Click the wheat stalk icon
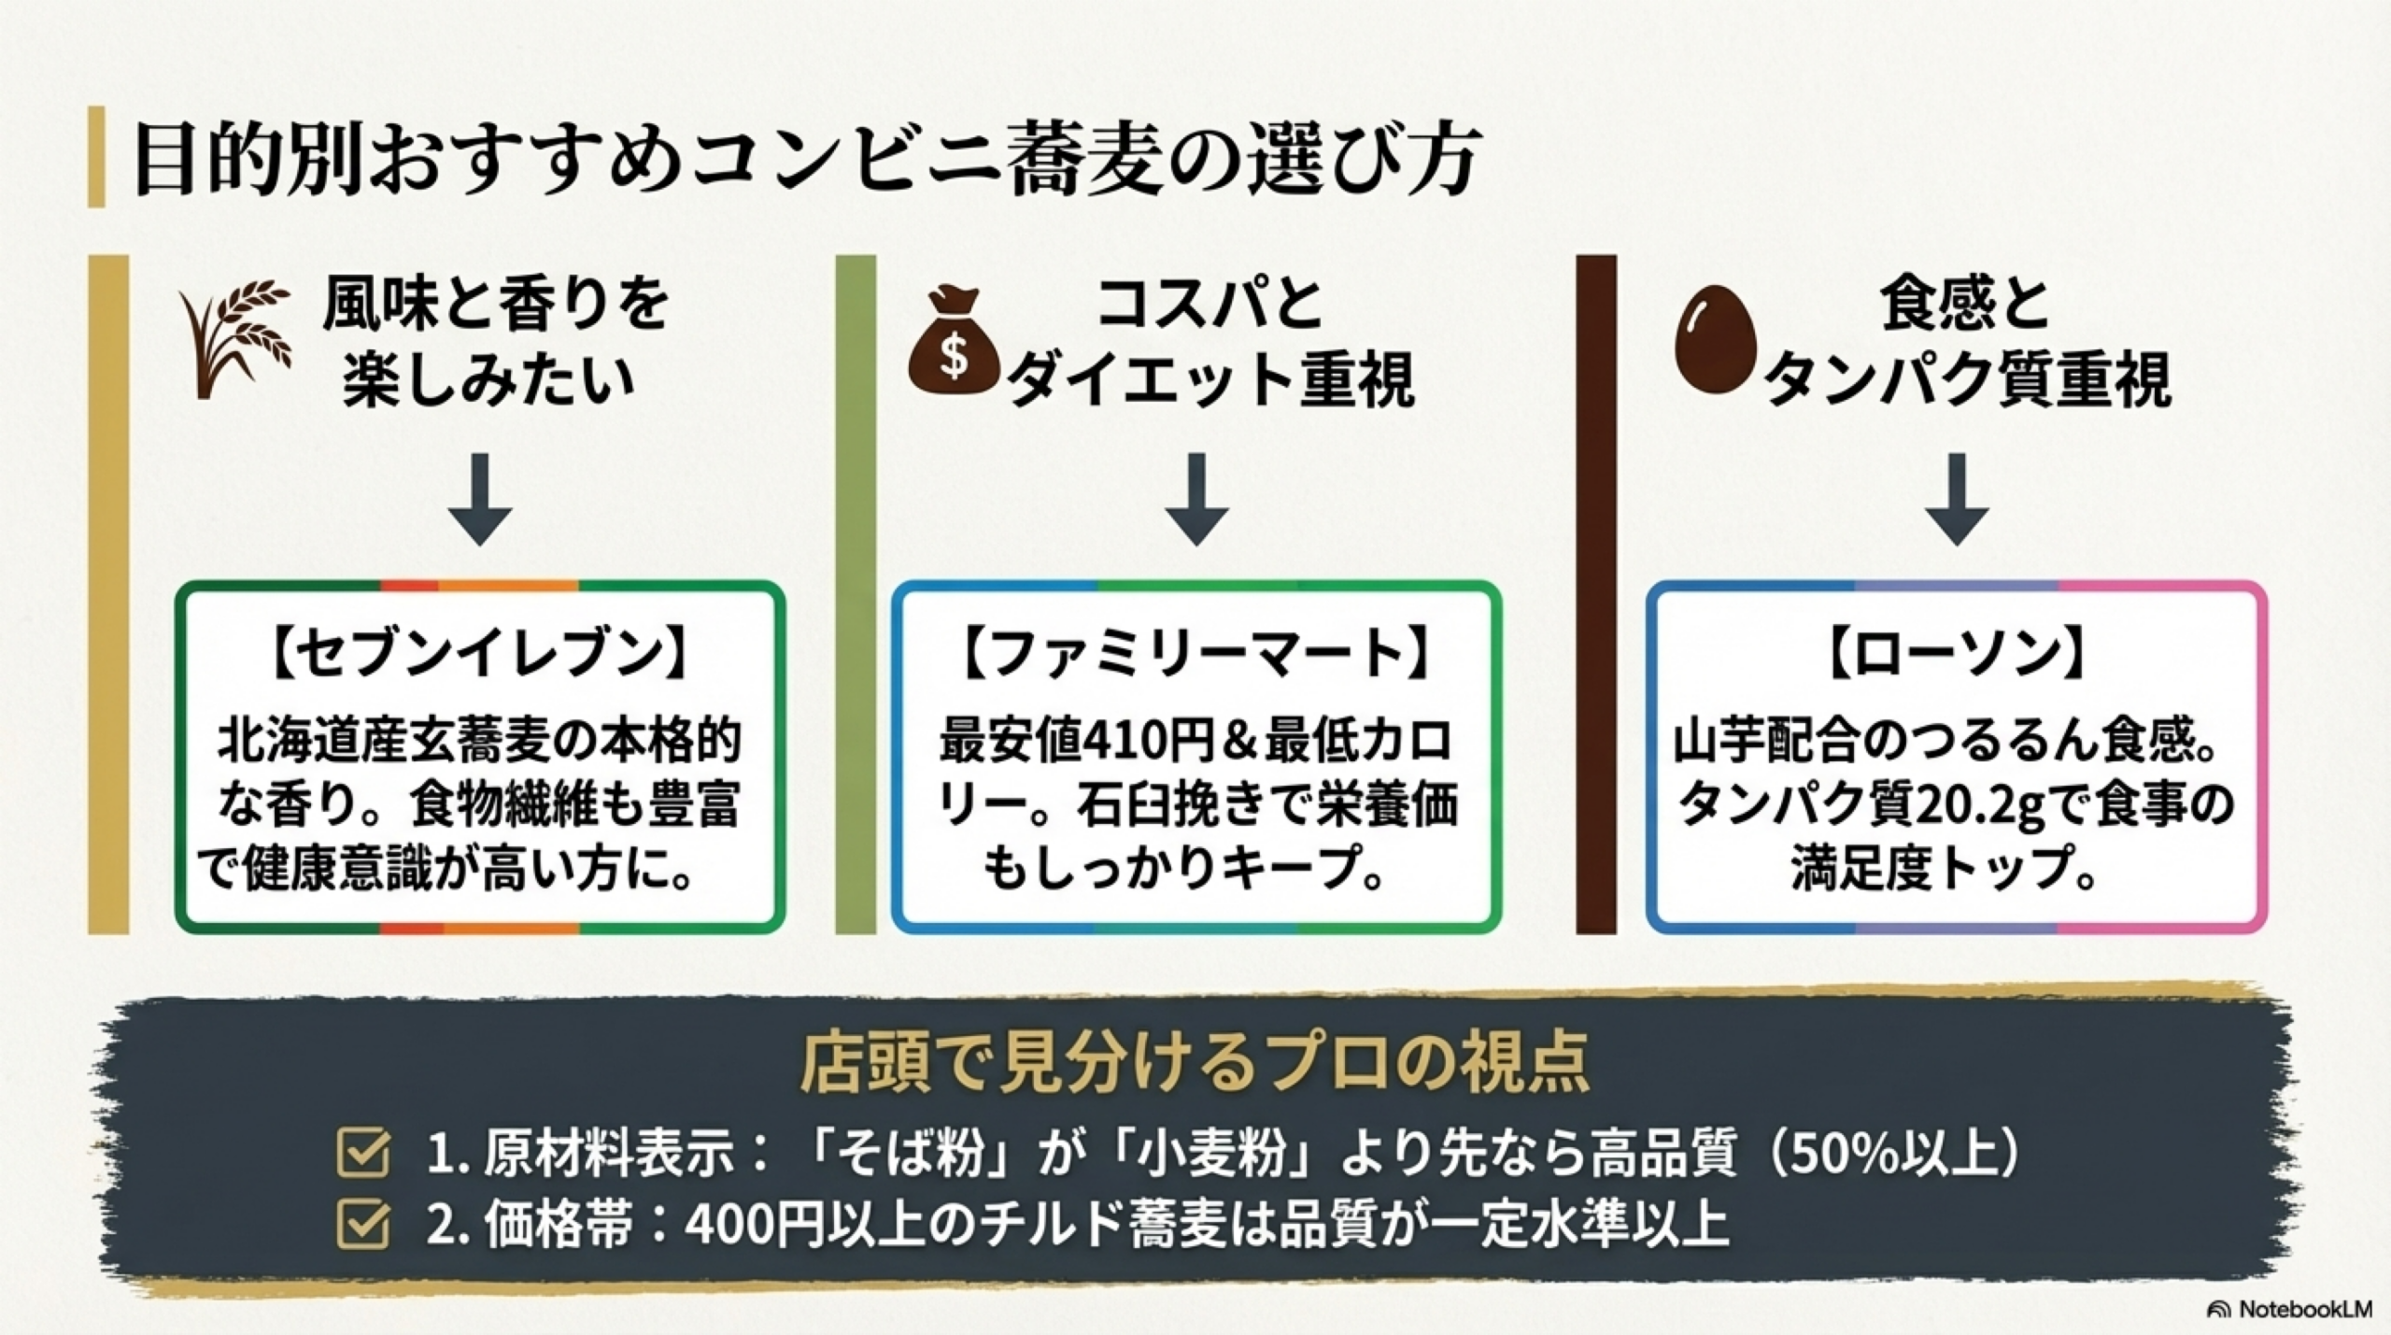click(235, 338)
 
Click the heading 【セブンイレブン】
click(479, 653)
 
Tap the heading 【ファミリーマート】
click(1195, 653)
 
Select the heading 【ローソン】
click(1957, 653)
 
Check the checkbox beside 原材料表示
click(363, 1153)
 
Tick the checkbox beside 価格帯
click(363, 1224)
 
